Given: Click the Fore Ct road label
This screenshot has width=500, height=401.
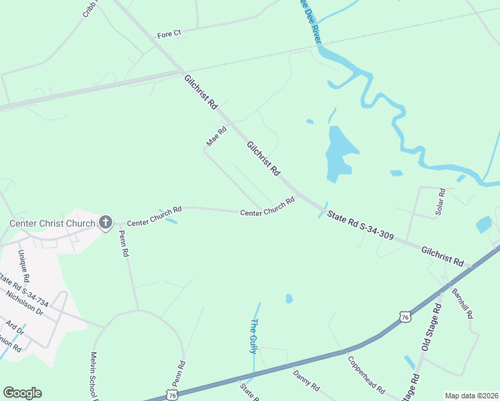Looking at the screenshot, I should [169, 34].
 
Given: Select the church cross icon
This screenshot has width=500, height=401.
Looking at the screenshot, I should [106, 223].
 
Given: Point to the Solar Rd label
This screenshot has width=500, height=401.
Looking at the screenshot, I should [441, 202].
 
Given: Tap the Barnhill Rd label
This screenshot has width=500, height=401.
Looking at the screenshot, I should [462, 303].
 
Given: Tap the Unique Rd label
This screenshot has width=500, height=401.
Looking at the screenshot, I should [23, 265].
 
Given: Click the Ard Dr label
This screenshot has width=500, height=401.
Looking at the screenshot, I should [14, 329].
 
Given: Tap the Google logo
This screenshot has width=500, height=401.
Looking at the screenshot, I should [22, 393].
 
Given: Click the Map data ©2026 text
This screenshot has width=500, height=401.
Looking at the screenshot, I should [471, 396].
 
